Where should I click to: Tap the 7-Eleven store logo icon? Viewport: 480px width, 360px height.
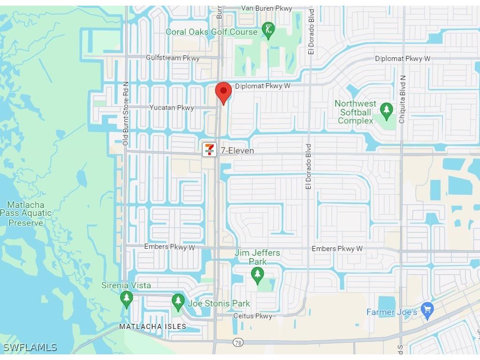[x=209, y=150]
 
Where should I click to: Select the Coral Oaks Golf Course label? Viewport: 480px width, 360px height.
[x=212, y=32]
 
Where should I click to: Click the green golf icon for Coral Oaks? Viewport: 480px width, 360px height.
[x=268, y=31]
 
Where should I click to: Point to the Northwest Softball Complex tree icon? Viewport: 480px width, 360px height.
[x=386, y=111]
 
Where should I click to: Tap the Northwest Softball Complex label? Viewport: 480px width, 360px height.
[x=356, y=112]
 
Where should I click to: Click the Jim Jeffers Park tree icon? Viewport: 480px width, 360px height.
[x=257, y=275]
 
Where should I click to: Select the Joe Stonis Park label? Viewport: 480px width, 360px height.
[x=219, y=303]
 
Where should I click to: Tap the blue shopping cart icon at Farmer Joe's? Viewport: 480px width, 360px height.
[x=427, y=310]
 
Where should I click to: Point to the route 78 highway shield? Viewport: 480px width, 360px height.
[x=238, y=343]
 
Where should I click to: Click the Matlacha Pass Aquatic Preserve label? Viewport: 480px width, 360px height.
[x=26, y=214]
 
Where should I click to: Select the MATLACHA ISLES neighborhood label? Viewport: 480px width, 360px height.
[x=152, y=326]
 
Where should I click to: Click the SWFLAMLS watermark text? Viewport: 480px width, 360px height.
[x=30, y=348]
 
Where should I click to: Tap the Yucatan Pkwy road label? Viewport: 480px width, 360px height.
[x=172, y=107]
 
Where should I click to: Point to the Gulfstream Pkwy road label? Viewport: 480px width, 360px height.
[x=173, y=58]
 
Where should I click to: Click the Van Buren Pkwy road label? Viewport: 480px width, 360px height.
[x=267, y=8]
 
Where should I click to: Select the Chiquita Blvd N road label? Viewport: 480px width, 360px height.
[x=402, y=100]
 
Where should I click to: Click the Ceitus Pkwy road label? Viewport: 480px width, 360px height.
[x=252, y=316]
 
